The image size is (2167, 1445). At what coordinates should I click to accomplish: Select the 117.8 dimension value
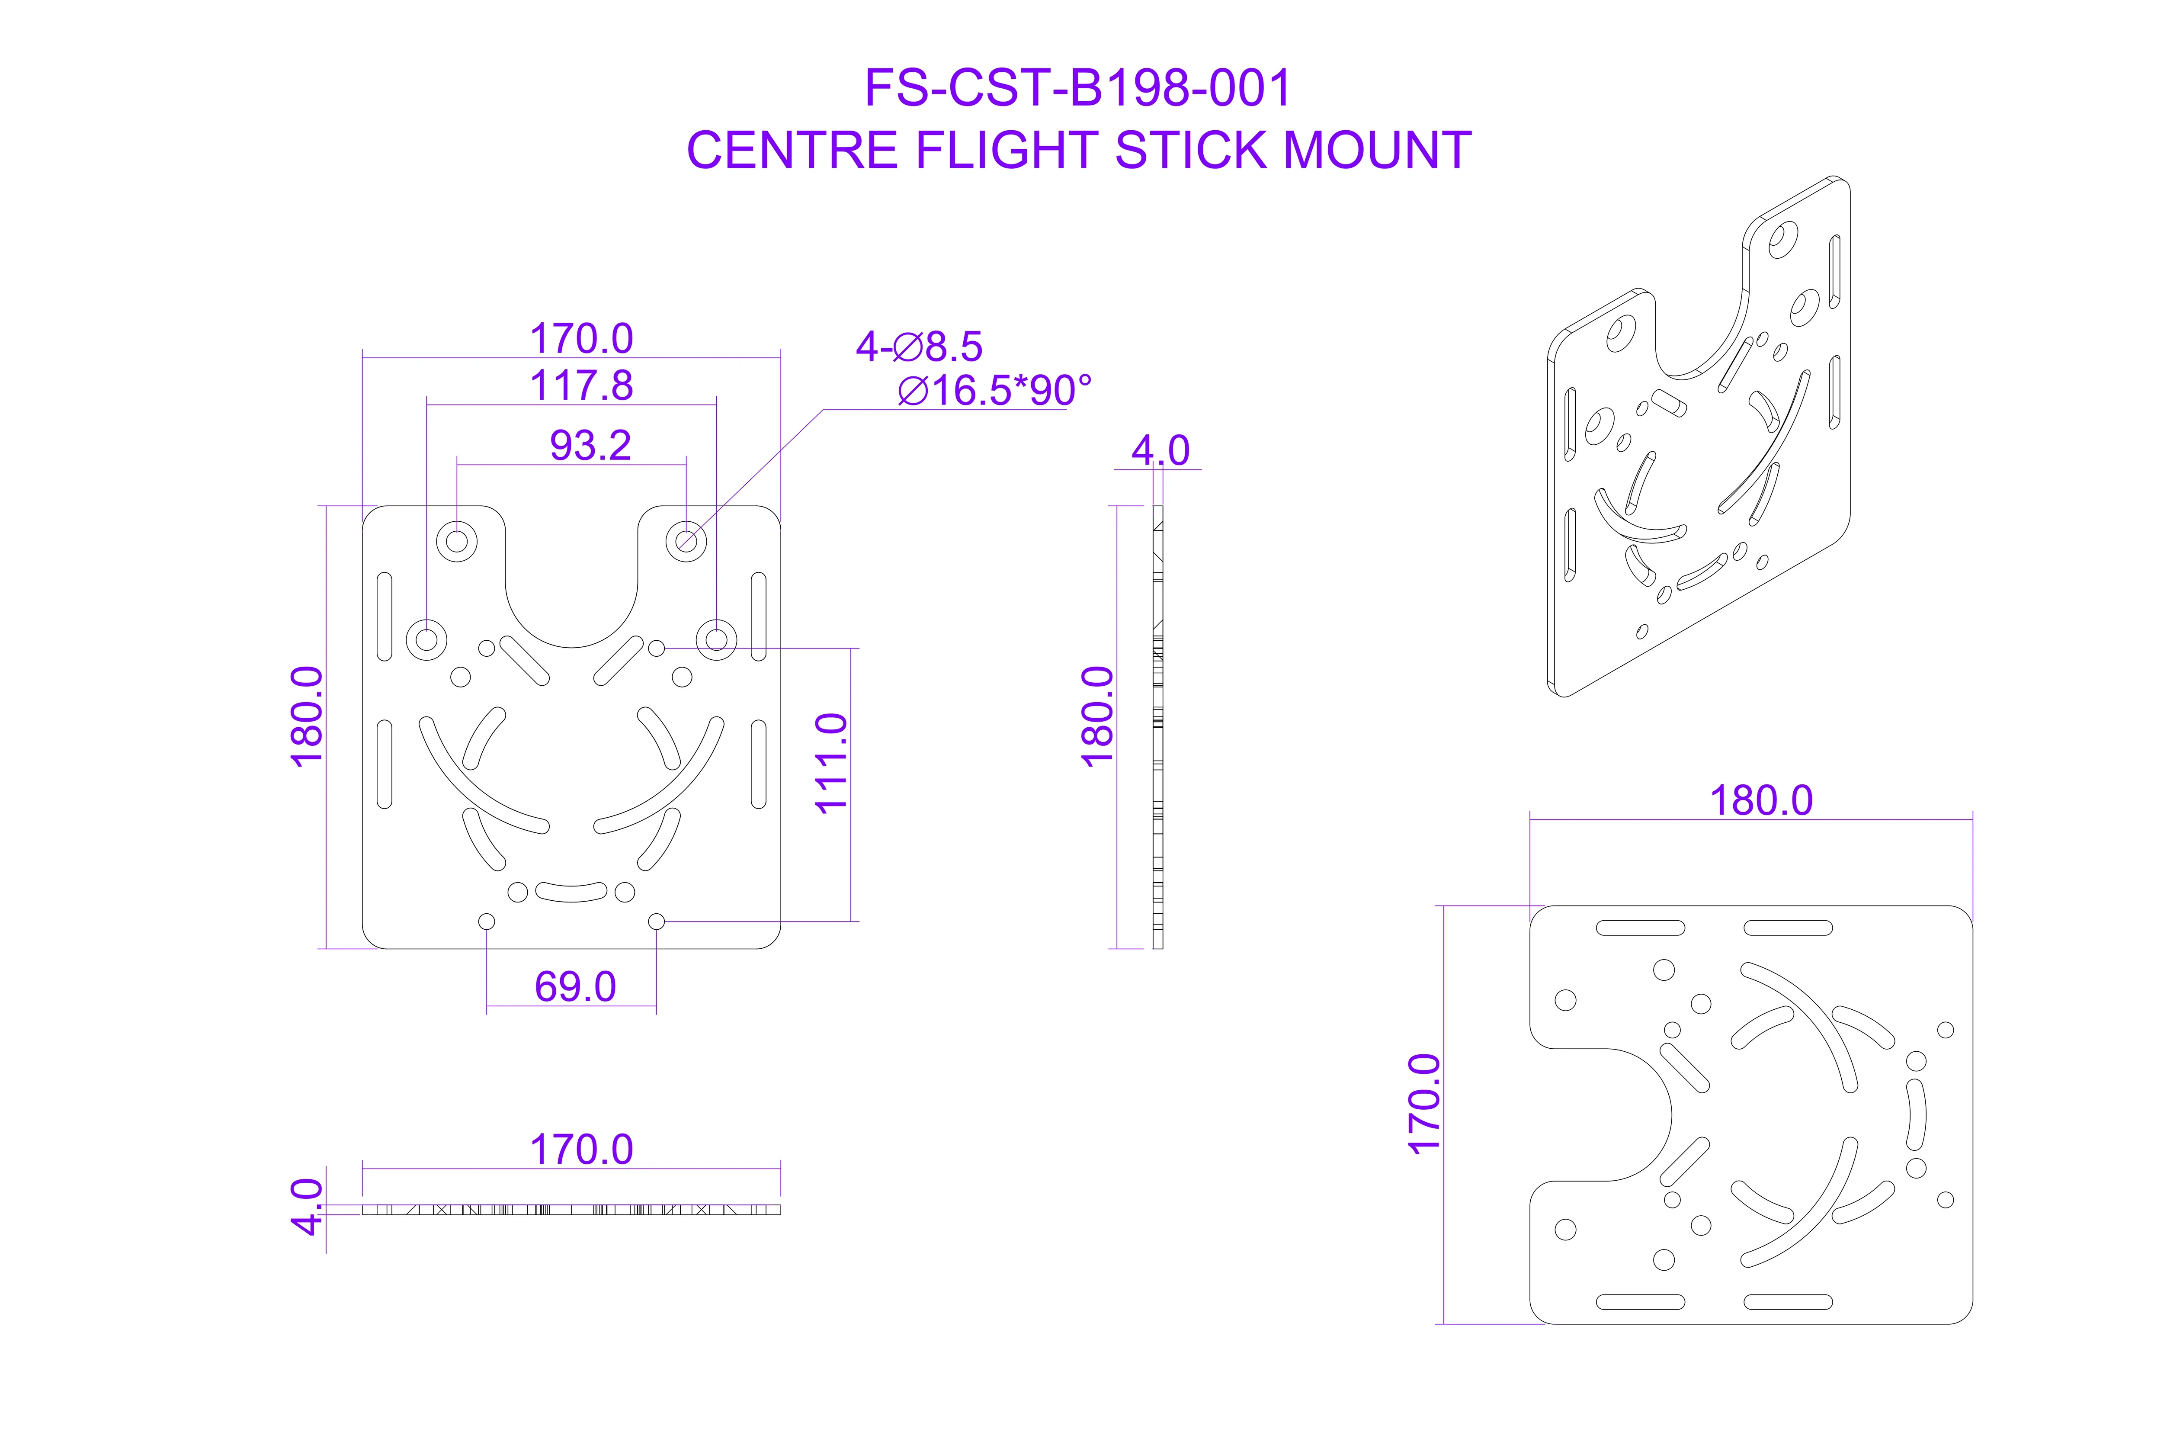[581, 385]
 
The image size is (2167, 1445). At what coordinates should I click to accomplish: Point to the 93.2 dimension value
[590, 445]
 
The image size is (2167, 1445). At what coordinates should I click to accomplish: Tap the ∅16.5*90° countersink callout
[994, 391]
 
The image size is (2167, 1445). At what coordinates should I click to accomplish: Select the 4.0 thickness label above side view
[1161, 451]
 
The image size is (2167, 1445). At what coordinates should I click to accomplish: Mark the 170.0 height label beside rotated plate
[1424, 1104]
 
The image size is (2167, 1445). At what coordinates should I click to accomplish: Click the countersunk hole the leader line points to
[686, 541]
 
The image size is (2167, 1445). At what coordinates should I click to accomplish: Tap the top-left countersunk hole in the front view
[456, 541]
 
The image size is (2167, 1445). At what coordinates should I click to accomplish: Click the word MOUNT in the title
[1378, 150]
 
